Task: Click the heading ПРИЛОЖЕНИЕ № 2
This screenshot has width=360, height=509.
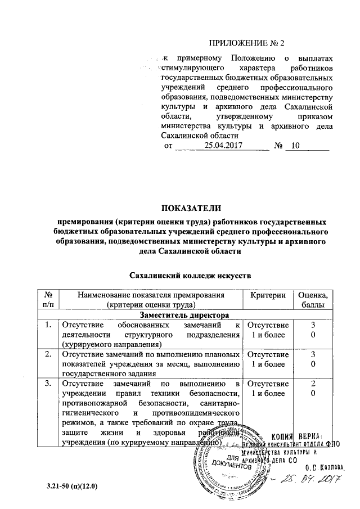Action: point(248,44)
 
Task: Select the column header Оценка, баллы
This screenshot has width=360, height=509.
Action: point(314,299)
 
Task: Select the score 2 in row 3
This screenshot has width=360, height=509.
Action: point(314,384)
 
